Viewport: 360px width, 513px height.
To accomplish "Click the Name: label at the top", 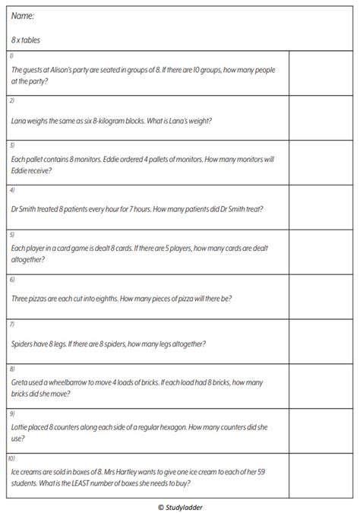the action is pos(24,16).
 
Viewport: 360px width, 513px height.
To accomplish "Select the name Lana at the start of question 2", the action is pos(20,120).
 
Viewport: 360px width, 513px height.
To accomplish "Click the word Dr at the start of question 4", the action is pos(16,209).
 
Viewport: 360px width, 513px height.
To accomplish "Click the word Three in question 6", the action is pos(21,298).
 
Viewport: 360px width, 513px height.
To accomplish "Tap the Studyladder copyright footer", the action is pos(181,505).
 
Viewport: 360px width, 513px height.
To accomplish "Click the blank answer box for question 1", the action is pos(321,73).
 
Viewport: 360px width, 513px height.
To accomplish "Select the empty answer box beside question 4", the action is pos(321,206).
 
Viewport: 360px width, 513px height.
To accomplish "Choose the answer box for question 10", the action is pos(321,475).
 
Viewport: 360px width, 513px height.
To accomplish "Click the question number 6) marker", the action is pos(11,280).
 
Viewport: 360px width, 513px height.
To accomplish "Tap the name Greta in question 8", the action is pos(21,382).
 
